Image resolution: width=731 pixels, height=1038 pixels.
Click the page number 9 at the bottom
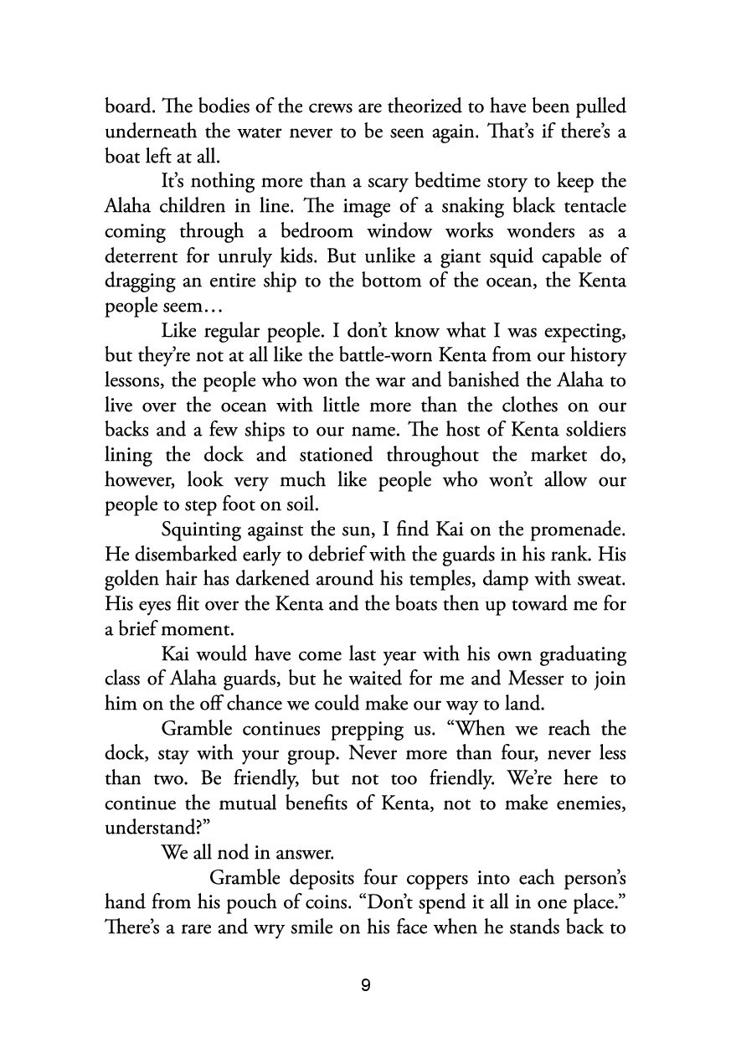point(365,985)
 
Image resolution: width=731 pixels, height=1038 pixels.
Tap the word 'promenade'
point(571,530)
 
